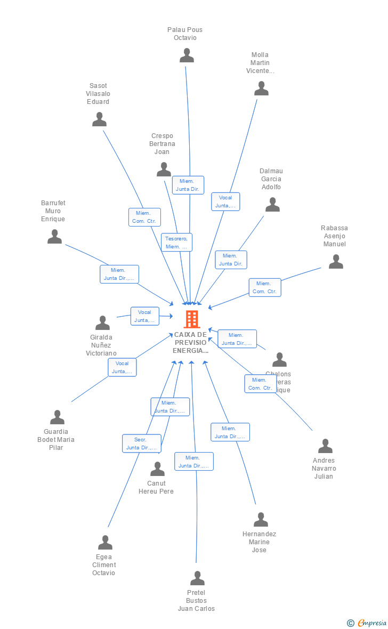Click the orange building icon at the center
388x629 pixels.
(x=191, y=319)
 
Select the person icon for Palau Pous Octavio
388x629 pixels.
(x=187, y=55)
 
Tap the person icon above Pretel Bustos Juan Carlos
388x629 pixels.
(x=198, y=578)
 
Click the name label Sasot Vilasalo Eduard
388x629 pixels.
(x=99, y=94)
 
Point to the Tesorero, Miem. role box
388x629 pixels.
(x=176, y=243)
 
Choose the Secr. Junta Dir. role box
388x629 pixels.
(x=141, y=443)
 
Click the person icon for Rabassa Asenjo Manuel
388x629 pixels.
(x=336, y=262)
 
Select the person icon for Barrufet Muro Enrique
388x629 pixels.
(x=55, y=237)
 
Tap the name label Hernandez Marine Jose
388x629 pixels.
(x=259, y=542)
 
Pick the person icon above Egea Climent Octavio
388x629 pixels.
(x=105, y=543)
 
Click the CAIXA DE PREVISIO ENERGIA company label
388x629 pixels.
(x=191, y=343)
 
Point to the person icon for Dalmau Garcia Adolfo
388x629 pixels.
(x=272, y=205)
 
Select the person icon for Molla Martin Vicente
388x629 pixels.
(x=261, y=88)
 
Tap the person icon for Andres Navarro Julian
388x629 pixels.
(x=325, y=446)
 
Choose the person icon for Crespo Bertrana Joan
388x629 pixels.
(x=164, y=170)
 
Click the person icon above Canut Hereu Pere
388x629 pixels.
(x=157, y=469)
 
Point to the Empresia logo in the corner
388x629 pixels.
(x=367, y=623)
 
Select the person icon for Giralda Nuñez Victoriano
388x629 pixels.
(x=102, y=323)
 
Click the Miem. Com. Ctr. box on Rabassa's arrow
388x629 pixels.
(x=264, y=287)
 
